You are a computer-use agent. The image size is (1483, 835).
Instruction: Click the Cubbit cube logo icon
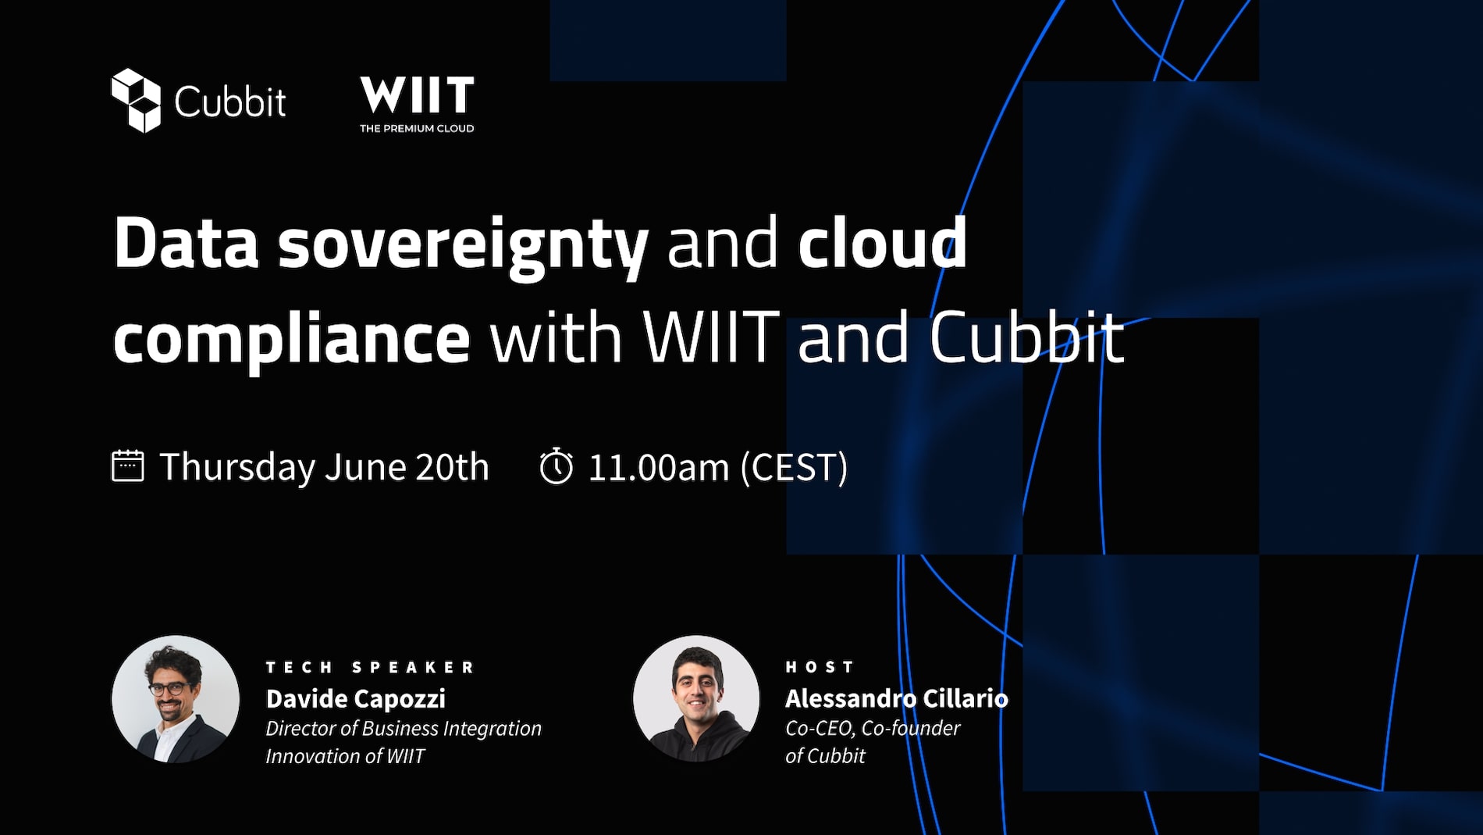click(136, 101)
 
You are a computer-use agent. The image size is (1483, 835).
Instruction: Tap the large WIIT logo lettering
click(417, 95)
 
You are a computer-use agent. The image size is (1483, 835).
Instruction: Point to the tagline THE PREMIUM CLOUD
click(417, 129)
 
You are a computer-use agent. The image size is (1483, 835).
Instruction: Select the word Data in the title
click(186, 243)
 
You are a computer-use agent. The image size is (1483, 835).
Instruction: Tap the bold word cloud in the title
click(882, 242)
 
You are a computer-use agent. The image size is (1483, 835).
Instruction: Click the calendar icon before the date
click(128, 466)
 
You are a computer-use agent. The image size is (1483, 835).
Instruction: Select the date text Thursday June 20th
click(324, 467)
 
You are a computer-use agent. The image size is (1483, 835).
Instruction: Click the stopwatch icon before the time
click(557, 466)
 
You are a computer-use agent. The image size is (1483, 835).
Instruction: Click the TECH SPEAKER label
click(370, 667)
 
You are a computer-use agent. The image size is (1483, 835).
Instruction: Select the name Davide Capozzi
click(356, 698)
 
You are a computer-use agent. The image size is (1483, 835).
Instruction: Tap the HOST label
click(820, 667)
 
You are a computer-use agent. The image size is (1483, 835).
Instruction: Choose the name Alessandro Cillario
click(897, 698)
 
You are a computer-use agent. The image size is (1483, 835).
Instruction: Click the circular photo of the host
click(696, 698)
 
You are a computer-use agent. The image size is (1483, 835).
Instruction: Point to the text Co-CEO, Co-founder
click(873, 728)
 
